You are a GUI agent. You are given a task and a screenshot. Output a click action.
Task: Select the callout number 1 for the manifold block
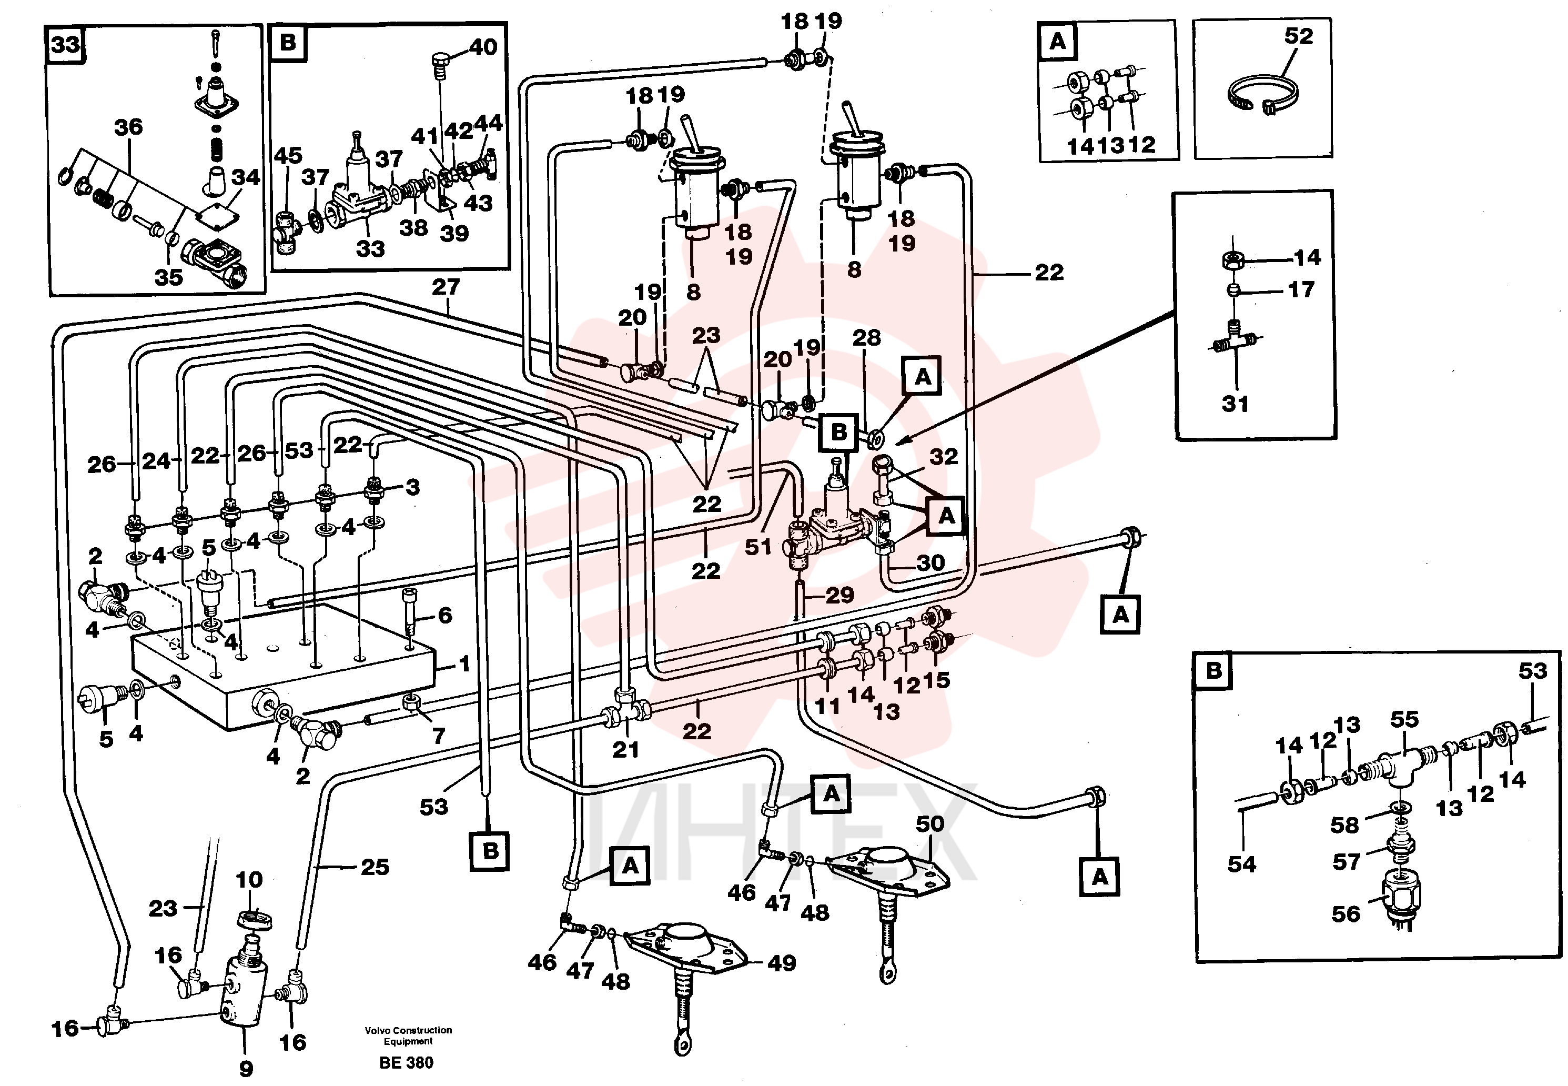tap(464, 663)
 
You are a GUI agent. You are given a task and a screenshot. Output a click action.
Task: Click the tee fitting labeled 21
tap(626, 708)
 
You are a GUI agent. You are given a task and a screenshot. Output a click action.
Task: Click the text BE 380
tap(406, 1063)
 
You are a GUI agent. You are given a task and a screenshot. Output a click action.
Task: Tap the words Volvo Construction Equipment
tap(408, 1035)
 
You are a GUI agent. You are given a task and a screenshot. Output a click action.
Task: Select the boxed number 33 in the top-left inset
tap(66, 45)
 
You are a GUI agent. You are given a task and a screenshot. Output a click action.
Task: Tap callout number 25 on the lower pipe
tap(375, 867)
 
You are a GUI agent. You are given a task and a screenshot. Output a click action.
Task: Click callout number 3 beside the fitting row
tap(413, 487)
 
